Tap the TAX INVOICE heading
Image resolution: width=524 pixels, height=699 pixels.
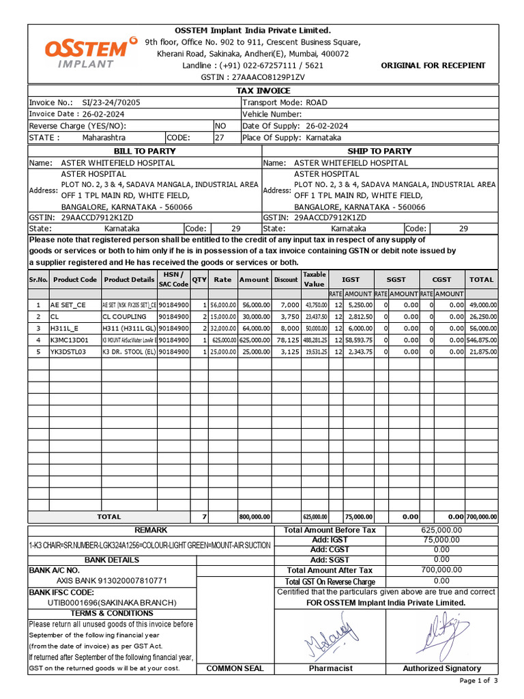(x=263, y=91)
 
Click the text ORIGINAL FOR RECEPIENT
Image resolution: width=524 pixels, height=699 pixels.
(x=433, y=66)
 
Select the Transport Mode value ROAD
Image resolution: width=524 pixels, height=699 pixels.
(x=316, y=102)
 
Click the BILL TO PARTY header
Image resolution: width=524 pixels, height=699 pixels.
(x=144, y=151)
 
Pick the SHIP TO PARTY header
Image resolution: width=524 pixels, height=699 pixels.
(x=379, y=151)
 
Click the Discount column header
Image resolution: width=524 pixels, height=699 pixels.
(x=286, y=280)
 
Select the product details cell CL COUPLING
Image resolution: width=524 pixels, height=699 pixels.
(x=124, y=317)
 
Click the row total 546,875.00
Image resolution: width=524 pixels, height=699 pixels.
(x=481, y=339)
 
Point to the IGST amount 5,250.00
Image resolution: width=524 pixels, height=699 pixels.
(x=358, y=305)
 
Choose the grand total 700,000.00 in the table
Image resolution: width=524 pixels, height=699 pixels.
(x=481, y=517)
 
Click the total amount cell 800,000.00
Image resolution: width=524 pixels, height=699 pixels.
(x=254, y=517)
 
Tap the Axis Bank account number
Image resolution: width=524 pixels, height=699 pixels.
(x=111, y=581)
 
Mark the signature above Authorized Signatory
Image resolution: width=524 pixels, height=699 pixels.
(x=441, y=633)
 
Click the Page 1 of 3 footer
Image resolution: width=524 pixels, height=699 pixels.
(x=479, y=681)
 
